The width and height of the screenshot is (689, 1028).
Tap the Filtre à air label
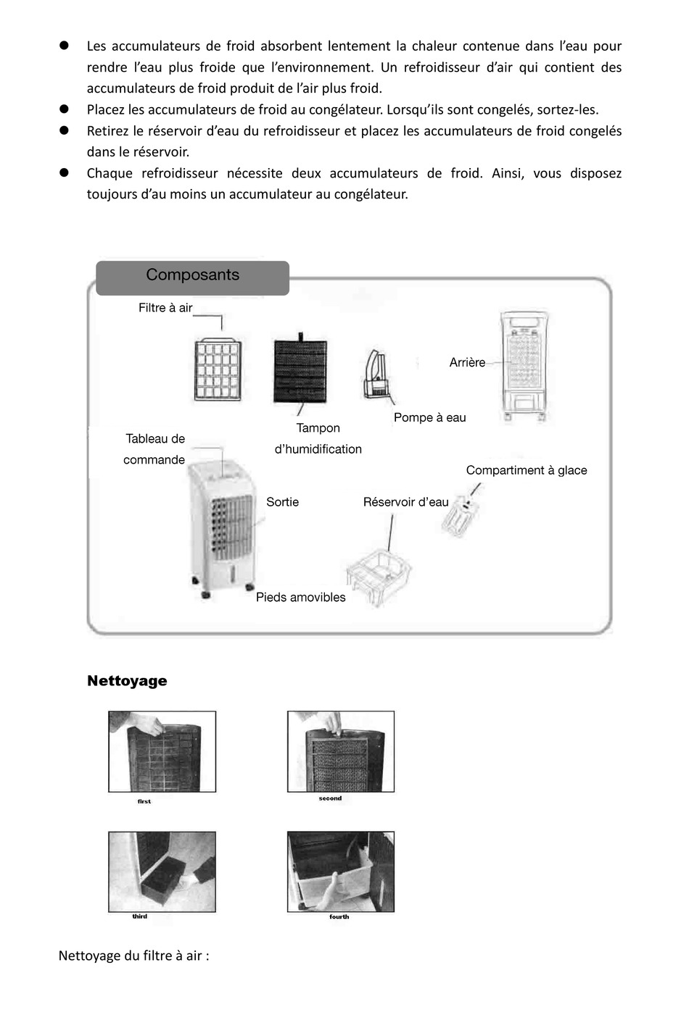tap(165, 308)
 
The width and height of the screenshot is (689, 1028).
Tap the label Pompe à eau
tap(429, 417)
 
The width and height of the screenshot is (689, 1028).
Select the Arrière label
tap(467, 362)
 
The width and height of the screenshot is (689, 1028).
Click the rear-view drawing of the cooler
tap(524, 366)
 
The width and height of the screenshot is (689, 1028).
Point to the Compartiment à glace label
tap(526, 470)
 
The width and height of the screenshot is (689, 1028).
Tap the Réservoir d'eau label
tap(405, 502)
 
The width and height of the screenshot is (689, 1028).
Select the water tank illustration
tap(379, 575)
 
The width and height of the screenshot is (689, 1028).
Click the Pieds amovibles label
tap(300, 598)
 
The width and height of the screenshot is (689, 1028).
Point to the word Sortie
tap(282, 502)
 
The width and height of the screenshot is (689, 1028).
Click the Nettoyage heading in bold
tap(127, 681)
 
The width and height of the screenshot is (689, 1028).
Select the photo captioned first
tap(162, 751)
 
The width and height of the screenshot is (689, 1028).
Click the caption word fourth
tap(339, 916)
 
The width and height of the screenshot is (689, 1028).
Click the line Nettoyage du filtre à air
tap(133, 956)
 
